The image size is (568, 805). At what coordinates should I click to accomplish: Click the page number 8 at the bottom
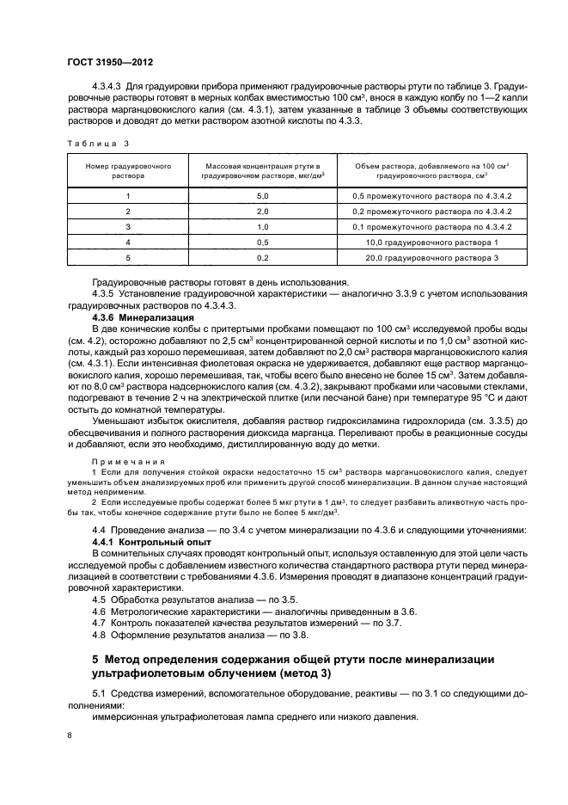point(69,735)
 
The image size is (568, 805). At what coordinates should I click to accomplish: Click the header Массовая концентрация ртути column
point(261,169)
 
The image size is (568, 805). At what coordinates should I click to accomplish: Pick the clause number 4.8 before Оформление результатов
point(98,635)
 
